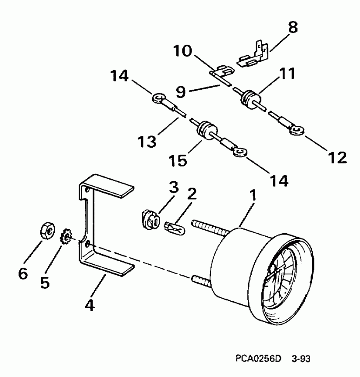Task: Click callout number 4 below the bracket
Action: (x=89, y=305)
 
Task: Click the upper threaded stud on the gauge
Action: (x=208, y=227)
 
